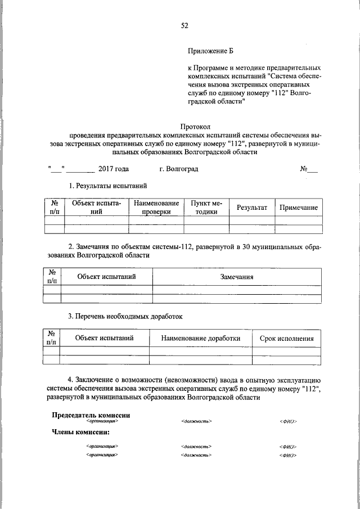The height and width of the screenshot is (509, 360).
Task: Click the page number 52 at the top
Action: coord(184,25)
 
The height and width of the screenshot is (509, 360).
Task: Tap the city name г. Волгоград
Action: coord(178,169)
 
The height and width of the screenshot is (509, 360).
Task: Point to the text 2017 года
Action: coord(113,169)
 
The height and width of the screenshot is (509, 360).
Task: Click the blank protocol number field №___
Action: coord(309,169)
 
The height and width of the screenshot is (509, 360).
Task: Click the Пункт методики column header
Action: coord(206,208)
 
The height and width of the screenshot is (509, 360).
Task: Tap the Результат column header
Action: coord(251,208)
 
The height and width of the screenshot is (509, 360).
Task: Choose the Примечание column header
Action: coord(299,208)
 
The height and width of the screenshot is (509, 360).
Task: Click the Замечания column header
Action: coord(237,277)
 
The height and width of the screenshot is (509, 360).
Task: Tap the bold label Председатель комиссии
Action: coord(91,415)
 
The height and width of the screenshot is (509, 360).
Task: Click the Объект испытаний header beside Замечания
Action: coord(106,277)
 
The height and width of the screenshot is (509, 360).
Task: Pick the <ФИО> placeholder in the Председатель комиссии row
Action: coord(287,421)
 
